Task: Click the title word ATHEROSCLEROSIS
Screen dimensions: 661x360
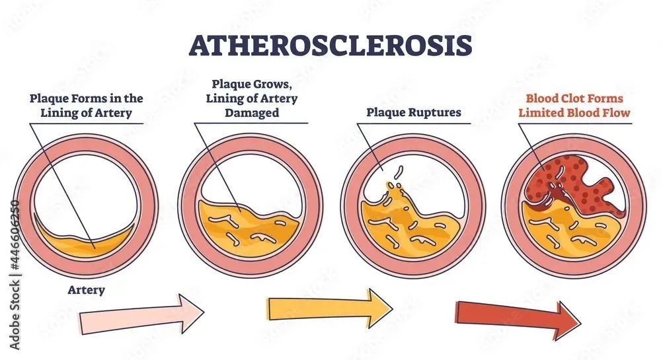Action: (330, 45)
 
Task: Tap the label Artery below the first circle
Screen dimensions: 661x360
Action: (86, 290)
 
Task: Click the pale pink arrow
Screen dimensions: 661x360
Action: (142, 314)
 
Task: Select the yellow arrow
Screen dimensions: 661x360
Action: (330, 307)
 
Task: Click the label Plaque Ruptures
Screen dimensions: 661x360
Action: (414, 112)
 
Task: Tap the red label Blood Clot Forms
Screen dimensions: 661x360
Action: (574, 98)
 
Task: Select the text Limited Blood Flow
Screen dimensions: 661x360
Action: (574, 113)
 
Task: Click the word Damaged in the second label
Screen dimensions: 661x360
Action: (252, 113)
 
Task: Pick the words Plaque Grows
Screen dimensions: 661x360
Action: (252, 84)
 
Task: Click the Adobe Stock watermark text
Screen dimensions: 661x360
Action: (15, 275)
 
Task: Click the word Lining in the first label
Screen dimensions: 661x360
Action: (57, 113)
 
